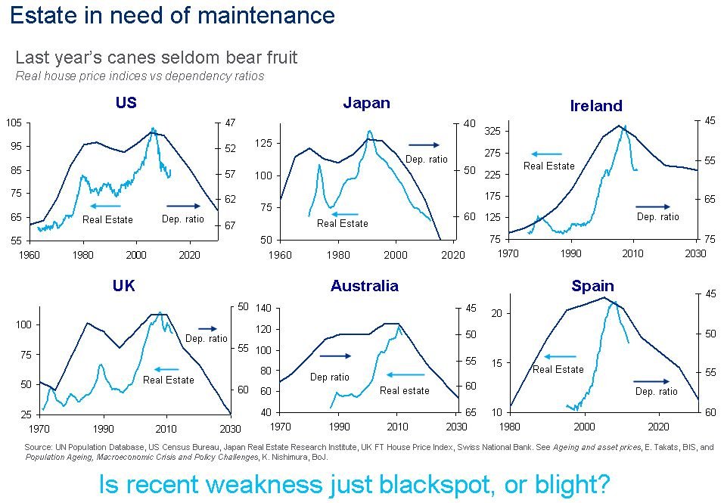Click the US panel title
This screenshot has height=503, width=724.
pyautogui.click(x=126, y=103)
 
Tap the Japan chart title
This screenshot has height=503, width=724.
pyautogui.click(x=366, y=103)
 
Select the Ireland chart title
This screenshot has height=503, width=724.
pyautogui.click(x=595, y=106)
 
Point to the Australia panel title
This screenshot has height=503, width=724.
pyautogui.click(x=364, y=286)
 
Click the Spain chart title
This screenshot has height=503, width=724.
pyautogui.click(x=592, y=286)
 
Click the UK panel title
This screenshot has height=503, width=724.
pyautogui.click(x=123, y=286)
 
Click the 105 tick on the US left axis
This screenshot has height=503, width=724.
pyautogui.click(x=15, y=123)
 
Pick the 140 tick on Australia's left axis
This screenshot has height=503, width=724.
pyautogui.click(x=263, y=309)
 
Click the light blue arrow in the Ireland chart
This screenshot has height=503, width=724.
pyautogui.click(x=546, y=154)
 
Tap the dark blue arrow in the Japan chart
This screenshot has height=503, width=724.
pyautogui.click(x=423, y=144)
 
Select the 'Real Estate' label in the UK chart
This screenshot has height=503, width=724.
pyautogui.click(x=168, y=380)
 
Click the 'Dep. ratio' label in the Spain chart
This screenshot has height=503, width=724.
pyautogui.click(x=656, y=392)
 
